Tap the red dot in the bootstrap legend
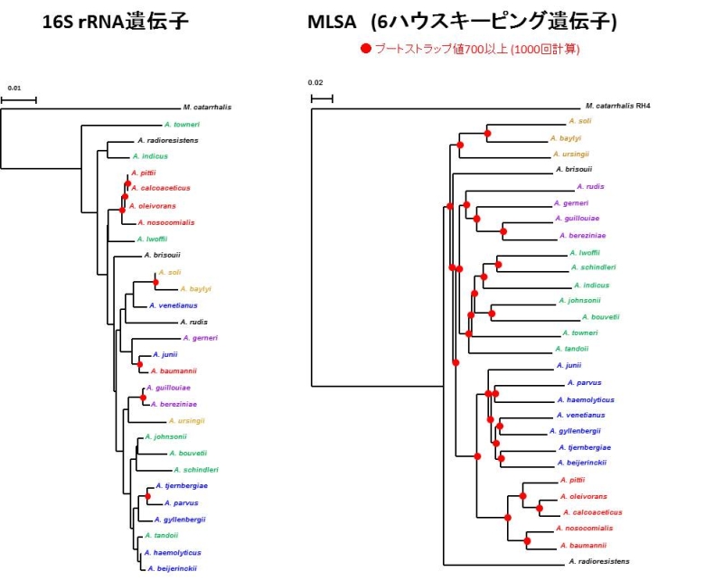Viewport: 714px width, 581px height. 365,49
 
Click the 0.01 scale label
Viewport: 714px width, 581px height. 14,89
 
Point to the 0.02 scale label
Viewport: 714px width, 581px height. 316,84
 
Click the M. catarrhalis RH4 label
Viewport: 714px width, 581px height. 617,106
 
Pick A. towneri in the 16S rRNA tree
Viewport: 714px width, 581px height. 182,124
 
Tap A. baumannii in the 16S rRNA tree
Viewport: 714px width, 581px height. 174,370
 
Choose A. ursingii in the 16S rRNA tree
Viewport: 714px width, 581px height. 186,420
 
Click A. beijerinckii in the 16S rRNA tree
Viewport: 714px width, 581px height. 173,568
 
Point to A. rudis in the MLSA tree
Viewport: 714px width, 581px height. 587,186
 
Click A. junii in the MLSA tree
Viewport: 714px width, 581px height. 568,365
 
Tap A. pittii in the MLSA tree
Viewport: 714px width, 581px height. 573,480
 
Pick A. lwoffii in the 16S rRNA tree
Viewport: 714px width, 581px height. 153,239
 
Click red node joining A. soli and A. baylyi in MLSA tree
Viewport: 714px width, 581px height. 488,134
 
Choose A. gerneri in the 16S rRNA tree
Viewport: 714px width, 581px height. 200,338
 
